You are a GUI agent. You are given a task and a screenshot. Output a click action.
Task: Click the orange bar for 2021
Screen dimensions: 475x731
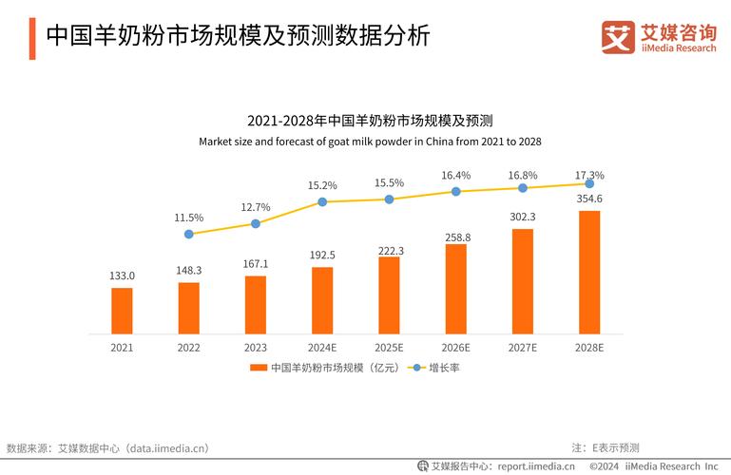[122, 311]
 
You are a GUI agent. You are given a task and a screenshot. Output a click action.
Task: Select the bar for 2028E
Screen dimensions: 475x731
[589, 272]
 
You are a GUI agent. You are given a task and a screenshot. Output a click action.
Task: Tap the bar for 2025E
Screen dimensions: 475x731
[389, 295]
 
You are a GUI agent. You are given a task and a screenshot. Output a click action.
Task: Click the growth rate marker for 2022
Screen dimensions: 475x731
[189, 234]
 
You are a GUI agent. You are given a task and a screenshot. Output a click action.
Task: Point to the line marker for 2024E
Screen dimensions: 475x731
[322, 201]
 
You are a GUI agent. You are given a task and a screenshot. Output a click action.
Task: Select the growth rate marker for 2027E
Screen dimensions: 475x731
[523, 188]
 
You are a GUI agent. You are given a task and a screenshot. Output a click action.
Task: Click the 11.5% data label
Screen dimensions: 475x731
[189, 218]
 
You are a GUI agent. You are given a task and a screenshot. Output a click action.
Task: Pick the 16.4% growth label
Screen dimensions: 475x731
[455, 176]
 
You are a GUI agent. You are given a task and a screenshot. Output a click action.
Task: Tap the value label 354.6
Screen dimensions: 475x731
[589, 199]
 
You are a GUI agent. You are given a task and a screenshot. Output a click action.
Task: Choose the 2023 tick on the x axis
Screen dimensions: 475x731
[256, 348]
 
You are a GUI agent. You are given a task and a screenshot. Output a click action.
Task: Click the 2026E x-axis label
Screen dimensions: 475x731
[455, 348]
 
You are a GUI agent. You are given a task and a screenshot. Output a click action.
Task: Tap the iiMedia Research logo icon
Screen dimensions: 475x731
[618, 37]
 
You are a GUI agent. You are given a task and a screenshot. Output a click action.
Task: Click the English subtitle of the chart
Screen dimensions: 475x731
[370, 142]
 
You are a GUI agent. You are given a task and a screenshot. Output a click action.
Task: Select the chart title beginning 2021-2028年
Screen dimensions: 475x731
[370, 121]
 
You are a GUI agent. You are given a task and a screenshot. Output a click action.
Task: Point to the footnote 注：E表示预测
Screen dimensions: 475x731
[605, 447]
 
